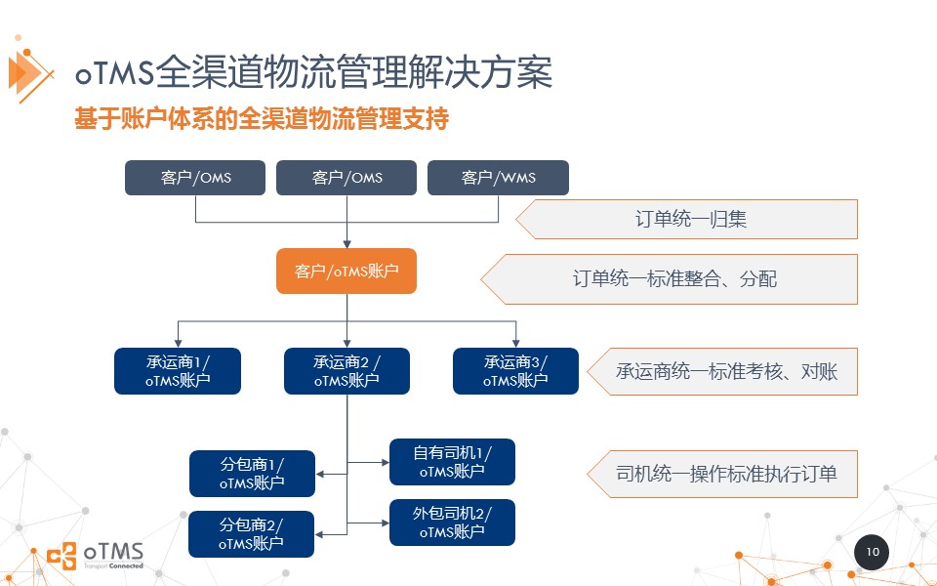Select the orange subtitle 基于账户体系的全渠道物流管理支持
[262, 120]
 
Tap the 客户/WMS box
[498, 178]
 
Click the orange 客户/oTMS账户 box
[346, 271]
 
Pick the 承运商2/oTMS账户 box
[346, 371]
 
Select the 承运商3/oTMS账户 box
[515, 371]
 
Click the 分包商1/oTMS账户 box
[252, 474]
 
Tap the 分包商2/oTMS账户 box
[252, 534]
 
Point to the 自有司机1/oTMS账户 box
[452, 462]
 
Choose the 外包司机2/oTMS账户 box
[452, 523]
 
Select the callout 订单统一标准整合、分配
[673, 279]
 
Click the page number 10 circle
[872, 553]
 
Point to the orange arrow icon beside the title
[29, 71]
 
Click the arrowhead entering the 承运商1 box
[178, 343]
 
